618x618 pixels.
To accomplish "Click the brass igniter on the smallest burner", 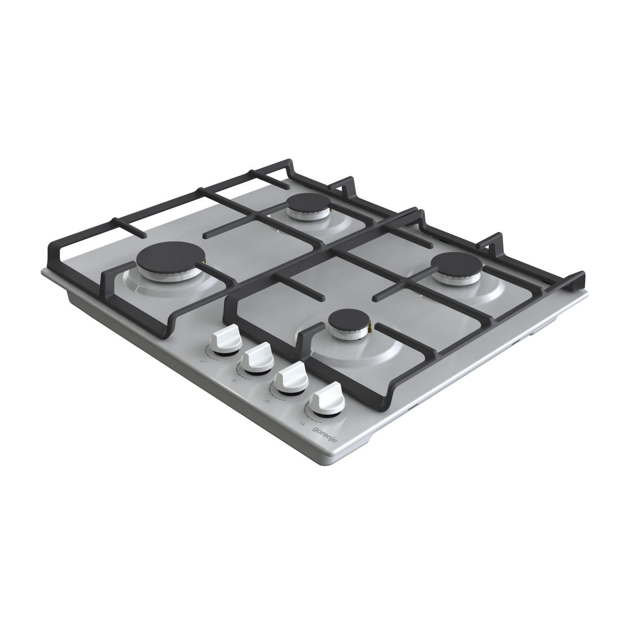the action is point(372,328).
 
